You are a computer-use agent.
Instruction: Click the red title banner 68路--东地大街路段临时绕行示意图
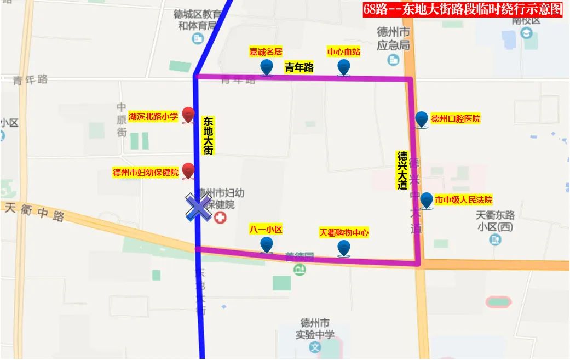point(463,9)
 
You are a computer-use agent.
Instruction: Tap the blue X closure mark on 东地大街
point(198,208)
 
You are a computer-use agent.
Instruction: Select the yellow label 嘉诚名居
point(266,52)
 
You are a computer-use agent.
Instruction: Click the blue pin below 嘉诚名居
point(267,67)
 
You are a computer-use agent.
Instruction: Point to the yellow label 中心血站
point(343,52)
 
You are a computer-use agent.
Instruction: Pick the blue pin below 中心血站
point(343,67)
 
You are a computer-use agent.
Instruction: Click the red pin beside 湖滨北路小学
point(188,115)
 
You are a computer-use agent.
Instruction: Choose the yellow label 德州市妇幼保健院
point(146,172)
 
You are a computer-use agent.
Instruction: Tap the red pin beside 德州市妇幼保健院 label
point(188,171)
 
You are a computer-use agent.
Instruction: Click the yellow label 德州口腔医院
point(456,118)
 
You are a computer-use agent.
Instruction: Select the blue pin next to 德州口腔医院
point(421,119)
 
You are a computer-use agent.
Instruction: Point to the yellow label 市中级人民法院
point(463,200)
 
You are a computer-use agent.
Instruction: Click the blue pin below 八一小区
point(267,244)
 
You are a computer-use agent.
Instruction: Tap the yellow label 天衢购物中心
point(344,233)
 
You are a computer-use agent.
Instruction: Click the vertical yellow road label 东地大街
point(208,135)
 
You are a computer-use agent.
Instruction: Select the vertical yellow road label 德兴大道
point(402,170)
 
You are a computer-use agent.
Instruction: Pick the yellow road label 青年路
point(299,67)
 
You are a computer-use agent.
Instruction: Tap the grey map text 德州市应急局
point(393,38)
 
